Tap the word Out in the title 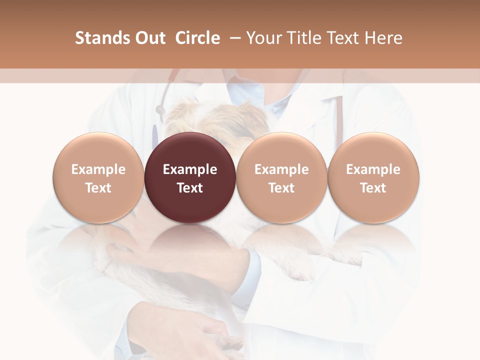coord(149,38)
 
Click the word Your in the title coord(264,38)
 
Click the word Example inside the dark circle coord(190,169)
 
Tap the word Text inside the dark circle coord(190,188)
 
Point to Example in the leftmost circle coord(98,169)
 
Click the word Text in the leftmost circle coord(98,188)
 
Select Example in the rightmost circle coord(373,169)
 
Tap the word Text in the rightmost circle coord(373,188)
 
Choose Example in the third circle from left coord(281,169)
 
